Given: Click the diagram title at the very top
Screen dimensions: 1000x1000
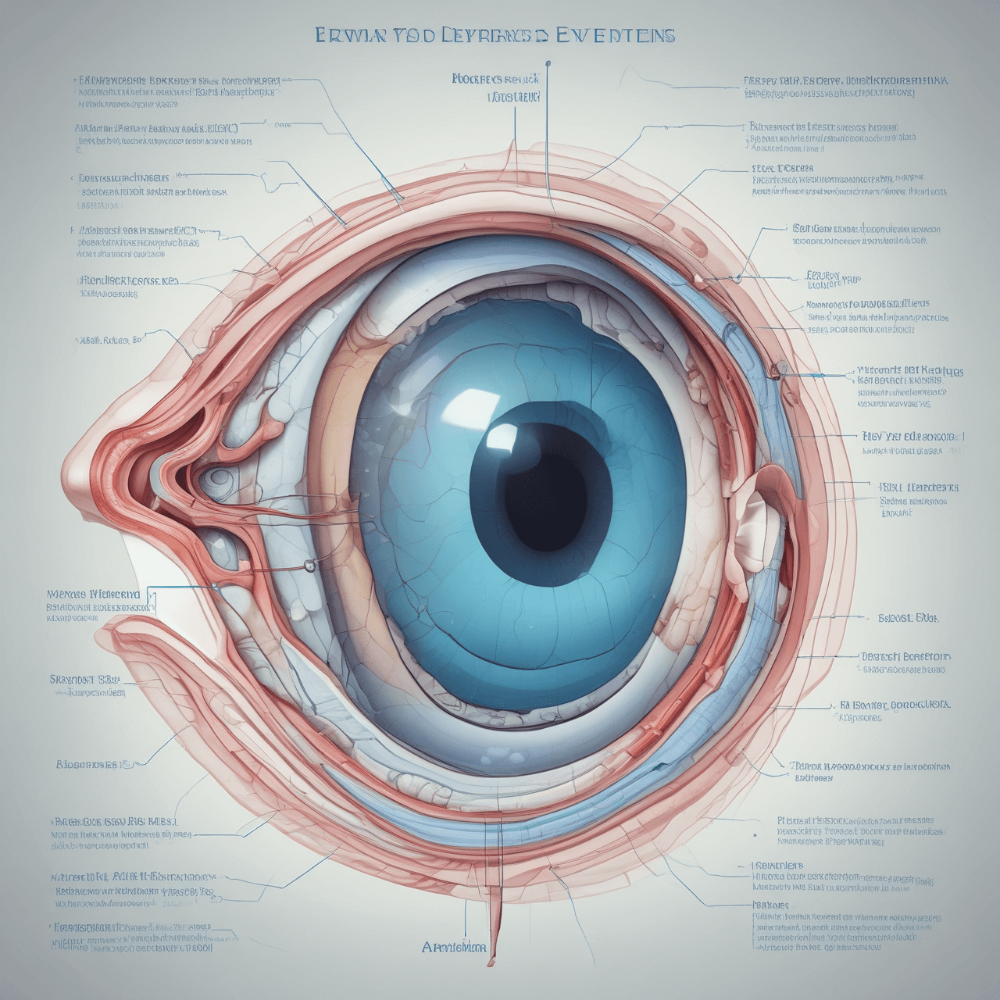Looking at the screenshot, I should (495, 35).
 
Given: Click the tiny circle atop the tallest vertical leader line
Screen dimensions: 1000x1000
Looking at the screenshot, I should (548, 62).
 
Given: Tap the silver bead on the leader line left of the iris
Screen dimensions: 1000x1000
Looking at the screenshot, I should (310, 565).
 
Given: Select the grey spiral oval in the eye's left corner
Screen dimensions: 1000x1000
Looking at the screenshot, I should (212, 477).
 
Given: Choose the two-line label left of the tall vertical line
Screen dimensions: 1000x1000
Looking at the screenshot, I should (495, 88).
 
